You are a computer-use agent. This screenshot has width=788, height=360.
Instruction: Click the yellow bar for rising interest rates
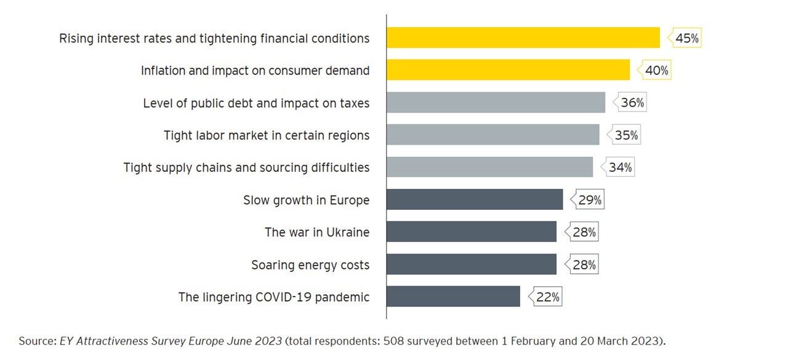point(523,38)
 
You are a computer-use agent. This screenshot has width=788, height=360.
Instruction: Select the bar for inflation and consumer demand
point(508,70)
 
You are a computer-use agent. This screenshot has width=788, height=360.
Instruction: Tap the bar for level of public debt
point(496,103)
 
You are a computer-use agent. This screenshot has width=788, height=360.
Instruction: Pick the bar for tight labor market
point(492,135)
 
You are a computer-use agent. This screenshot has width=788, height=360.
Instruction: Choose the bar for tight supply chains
point(489,167)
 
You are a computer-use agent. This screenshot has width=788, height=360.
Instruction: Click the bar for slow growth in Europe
point(474,199)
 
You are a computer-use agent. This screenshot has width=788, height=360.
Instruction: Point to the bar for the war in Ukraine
point(471,232)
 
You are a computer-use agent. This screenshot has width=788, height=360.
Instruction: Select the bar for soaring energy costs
point(471,265)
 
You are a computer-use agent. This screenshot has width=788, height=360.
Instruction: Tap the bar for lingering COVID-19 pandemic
point(453,297)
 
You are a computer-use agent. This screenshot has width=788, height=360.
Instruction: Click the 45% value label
point(687,38)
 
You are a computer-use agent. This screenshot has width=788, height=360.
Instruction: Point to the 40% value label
point(656,71)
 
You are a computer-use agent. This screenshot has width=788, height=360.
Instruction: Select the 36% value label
point(632,103)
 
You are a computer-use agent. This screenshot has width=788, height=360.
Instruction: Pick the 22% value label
point(548,297)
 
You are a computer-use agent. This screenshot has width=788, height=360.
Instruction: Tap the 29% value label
point(590,200)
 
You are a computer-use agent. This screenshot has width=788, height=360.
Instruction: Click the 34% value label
point(620,167)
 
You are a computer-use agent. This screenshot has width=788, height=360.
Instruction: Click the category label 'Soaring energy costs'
point(310,265)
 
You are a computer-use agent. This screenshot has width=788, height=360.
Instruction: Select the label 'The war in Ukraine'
point(317,233)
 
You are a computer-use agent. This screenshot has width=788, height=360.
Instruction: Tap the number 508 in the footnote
point(394,340)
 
